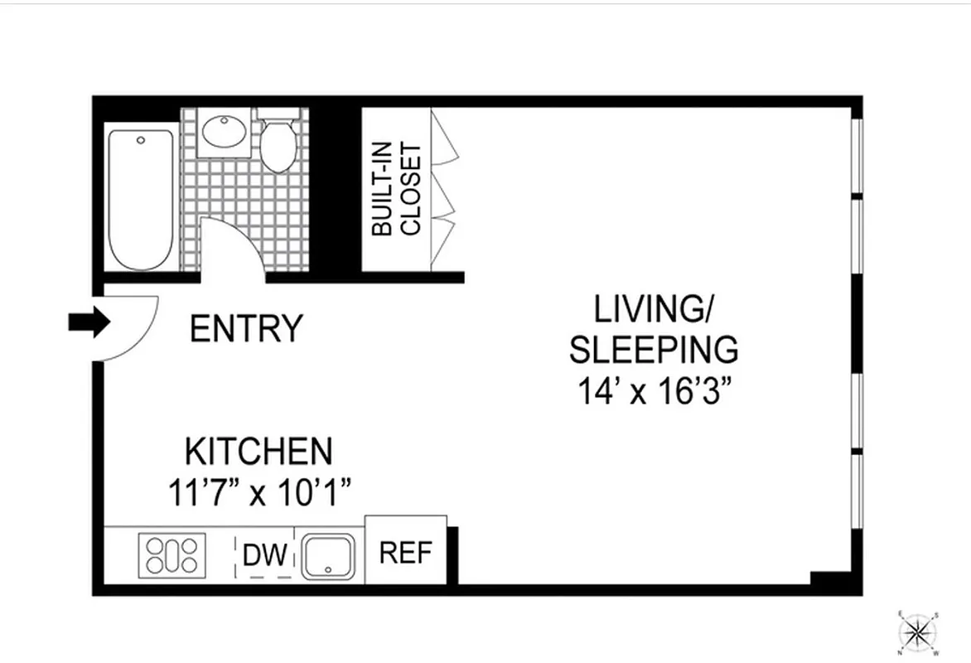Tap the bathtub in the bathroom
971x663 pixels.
pos(143,199)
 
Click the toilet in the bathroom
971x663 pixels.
pos(278,143)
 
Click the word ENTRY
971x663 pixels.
pos(246,329)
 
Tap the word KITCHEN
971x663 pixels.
pos(258,452)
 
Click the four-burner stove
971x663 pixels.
pos(171,555)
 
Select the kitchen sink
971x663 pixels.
pos(328,555)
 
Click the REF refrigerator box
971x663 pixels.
pos(406,553)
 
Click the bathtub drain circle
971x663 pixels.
pos(141,140)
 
